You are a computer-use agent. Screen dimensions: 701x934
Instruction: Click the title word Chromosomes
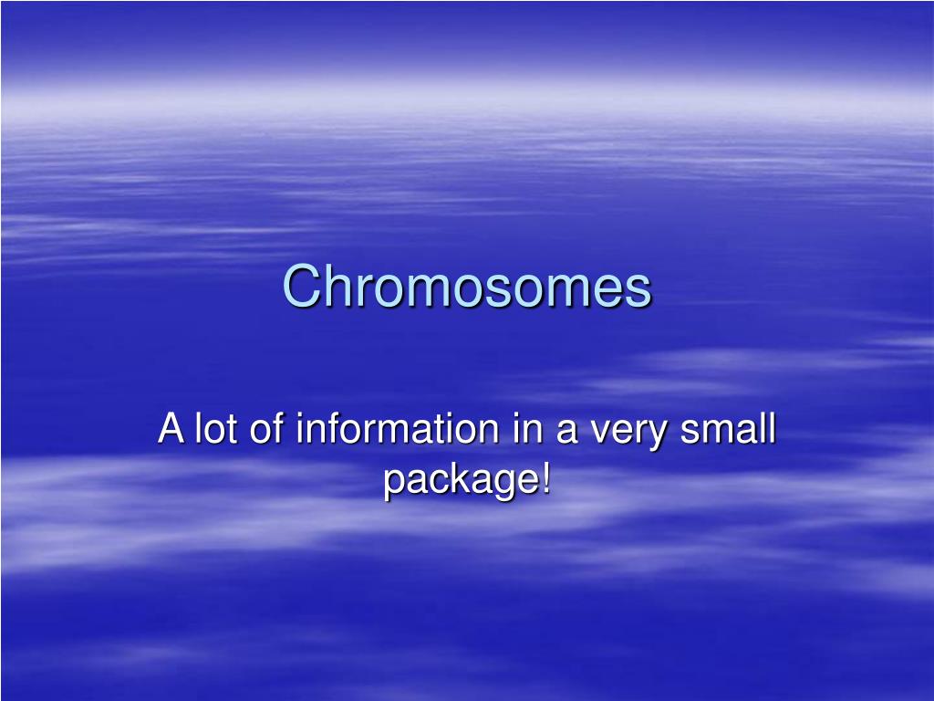[467, 288]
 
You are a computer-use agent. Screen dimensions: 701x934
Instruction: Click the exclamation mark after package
[546, 478]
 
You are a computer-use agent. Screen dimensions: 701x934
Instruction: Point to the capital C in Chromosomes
[299, 288]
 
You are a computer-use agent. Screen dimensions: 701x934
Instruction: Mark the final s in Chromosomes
[641, 290]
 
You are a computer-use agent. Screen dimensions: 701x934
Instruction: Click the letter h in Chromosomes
[331, 288]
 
